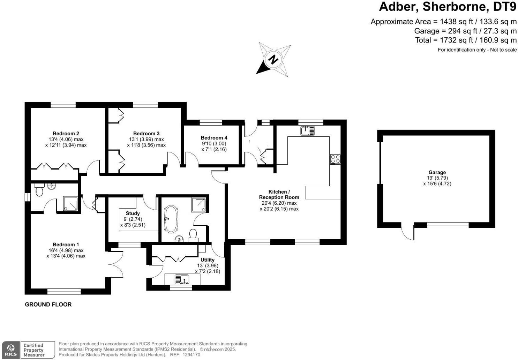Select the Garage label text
point(437,172)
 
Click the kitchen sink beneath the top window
point(307,131)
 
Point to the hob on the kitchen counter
point(335,159)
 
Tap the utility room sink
point(182,279)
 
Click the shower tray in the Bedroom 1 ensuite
point(71,203)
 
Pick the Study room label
point(133,213)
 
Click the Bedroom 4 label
point(214,138)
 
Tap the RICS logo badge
point(11,350)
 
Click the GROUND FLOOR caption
point(48,305)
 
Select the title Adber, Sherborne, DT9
point(447,7)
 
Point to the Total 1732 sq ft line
point(466,40)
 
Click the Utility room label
point(207,260)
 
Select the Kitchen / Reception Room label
point(279,195)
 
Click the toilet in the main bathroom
point(193,234)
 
